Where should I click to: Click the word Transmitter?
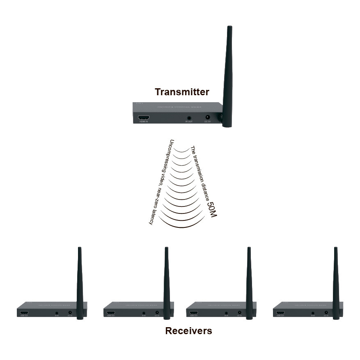click(x=182, y=92)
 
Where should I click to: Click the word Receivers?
click(x=188, y=330)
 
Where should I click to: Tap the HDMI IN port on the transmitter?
click(x=143, y=117)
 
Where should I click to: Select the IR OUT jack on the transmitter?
click(x=189, y=117)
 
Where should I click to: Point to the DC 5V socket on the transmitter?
click(x=207, y=117)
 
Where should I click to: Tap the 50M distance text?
click(x=211, y=209)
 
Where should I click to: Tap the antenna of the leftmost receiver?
click(x=80, y=279)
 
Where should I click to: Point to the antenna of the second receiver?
click(x=167, y=279)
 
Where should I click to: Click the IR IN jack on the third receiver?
click(x=226, y=313)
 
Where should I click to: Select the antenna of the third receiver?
click(x=249, y=279)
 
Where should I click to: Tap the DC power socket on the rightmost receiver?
click(x=326, y=313)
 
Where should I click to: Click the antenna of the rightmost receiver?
click(x=336, y=279)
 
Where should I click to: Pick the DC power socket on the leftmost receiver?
click(x=70, y=313)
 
